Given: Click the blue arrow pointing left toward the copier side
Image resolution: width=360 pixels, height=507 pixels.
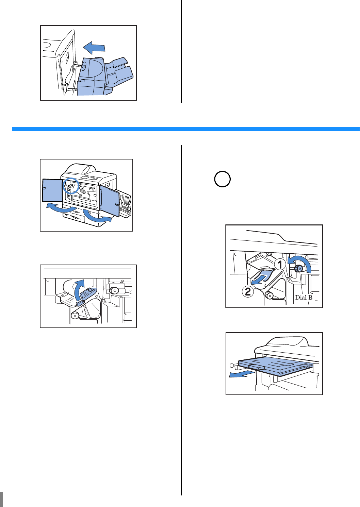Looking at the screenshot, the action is [x=94, y=48].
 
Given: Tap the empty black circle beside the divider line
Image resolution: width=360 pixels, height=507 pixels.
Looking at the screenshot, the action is [x=223, y=179].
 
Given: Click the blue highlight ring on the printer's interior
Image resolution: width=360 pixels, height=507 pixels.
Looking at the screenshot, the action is [x=71, y=185].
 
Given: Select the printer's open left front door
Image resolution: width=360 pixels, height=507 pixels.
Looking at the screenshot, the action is [x=52, y=190].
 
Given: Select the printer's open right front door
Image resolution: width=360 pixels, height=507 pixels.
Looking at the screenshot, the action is [x=110, y=200].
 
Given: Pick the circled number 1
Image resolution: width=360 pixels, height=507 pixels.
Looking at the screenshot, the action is [x=280, y=264].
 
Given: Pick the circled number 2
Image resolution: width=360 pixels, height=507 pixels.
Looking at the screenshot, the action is [x=248, y=291].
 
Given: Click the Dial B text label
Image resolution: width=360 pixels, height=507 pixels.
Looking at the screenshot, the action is [x=304, y=298].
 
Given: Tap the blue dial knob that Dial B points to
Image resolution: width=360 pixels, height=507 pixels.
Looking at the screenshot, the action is [x=299, y=269].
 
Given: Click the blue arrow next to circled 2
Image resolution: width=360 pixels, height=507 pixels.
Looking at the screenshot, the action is [x=262, y=277].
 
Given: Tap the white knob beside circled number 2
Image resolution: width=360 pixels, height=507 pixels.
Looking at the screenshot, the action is [x=269, y=295].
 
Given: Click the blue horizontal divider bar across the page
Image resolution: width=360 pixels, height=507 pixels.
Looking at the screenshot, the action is [x=186, y=129].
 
